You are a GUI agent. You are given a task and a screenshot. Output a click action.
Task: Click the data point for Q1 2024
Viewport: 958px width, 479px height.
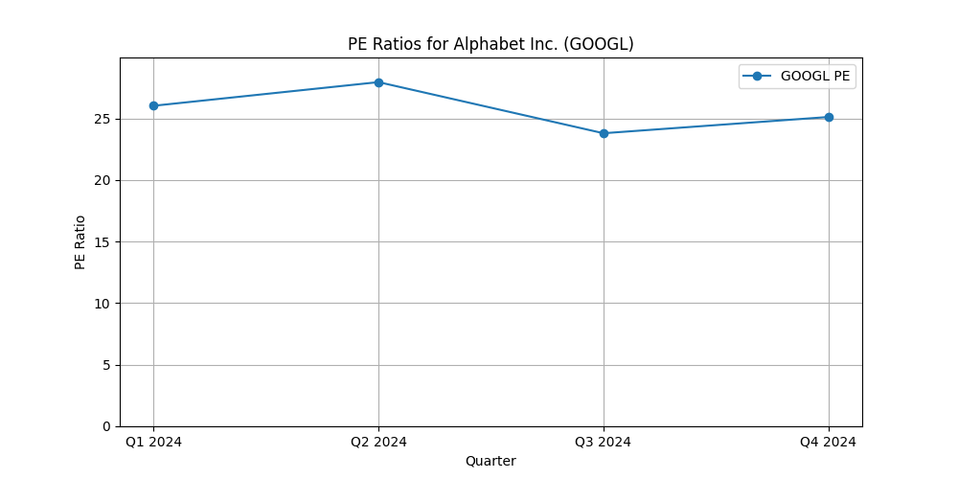coord(153,105)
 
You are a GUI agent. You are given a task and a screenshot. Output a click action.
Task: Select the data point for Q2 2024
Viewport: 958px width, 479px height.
coord(378,82)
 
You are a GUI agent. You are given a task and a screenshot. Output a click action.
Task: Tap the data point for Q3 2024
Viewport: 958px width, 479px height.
coord(604,133)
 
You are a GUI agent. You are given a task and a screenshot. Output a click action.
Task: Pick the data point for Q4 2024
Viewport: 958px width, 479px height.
coord(829,117)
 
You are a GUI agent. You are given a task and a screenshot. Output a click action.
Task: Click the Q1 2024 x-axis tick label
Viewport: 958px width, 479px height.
coord(153,442)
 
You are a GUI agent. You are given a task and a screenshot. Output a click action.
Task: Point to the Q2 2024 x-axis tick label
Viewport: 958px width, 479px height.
coord(378,442)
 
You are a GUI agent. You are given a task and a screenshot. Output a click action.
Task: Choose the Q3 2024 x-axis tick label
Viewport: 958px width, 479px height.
coord(604,442)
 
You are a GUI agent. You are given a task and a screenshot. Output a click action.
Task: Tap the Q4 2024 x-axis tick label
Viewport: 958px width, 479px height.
coord(829,442)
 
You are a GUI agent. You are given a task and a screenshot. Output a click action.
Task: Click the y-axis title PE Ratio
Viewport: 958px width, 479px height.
coord(80,241)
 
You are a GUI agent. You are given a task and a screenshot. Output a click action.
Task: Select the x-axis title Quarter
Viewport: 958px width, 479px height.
coord(490,461)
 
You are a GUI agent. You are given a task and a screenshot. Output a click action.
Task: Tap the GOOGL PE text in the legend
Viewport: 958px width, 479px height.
coord(814,77)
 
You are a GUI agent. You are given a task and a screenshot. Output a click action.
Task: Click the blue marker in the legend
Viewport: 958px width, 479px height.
coord(758,77)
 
